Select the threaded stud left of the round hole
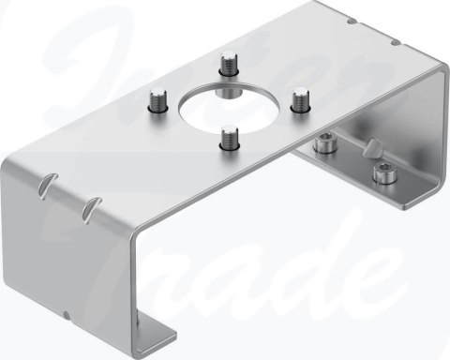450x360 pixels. [x=157, y=98]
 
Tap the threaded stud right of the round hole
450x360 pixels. [x=300, y=99]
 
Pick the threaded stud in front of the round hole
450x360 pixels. [x=228, y=136]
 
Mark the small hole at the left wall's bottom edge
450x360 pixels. [x=67, y=314]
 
